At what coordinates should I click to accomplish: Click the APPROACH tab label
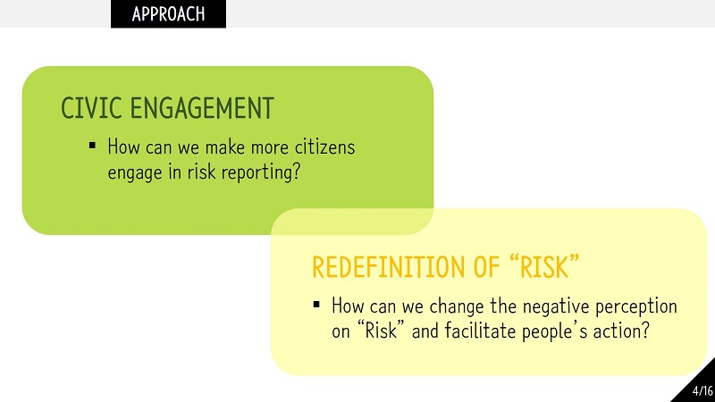point(168,14)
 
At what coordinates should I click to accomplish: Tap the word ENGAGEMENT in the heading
point(202,108)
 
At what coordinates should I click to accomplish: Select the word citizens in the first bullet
point(324,147)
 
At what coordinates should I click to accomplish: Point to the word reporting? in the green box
point(261,172)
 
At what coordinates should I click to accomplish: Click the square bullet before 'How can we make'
point(93,146)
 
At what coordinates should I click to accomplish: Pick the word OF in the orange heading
point(486,266)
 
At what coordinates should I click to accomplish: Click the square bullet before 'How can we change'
point(316,305)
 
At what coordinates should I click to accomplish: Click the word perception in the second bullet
point(636,306)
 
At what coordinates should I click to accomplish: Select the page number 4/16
point(702,390)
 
